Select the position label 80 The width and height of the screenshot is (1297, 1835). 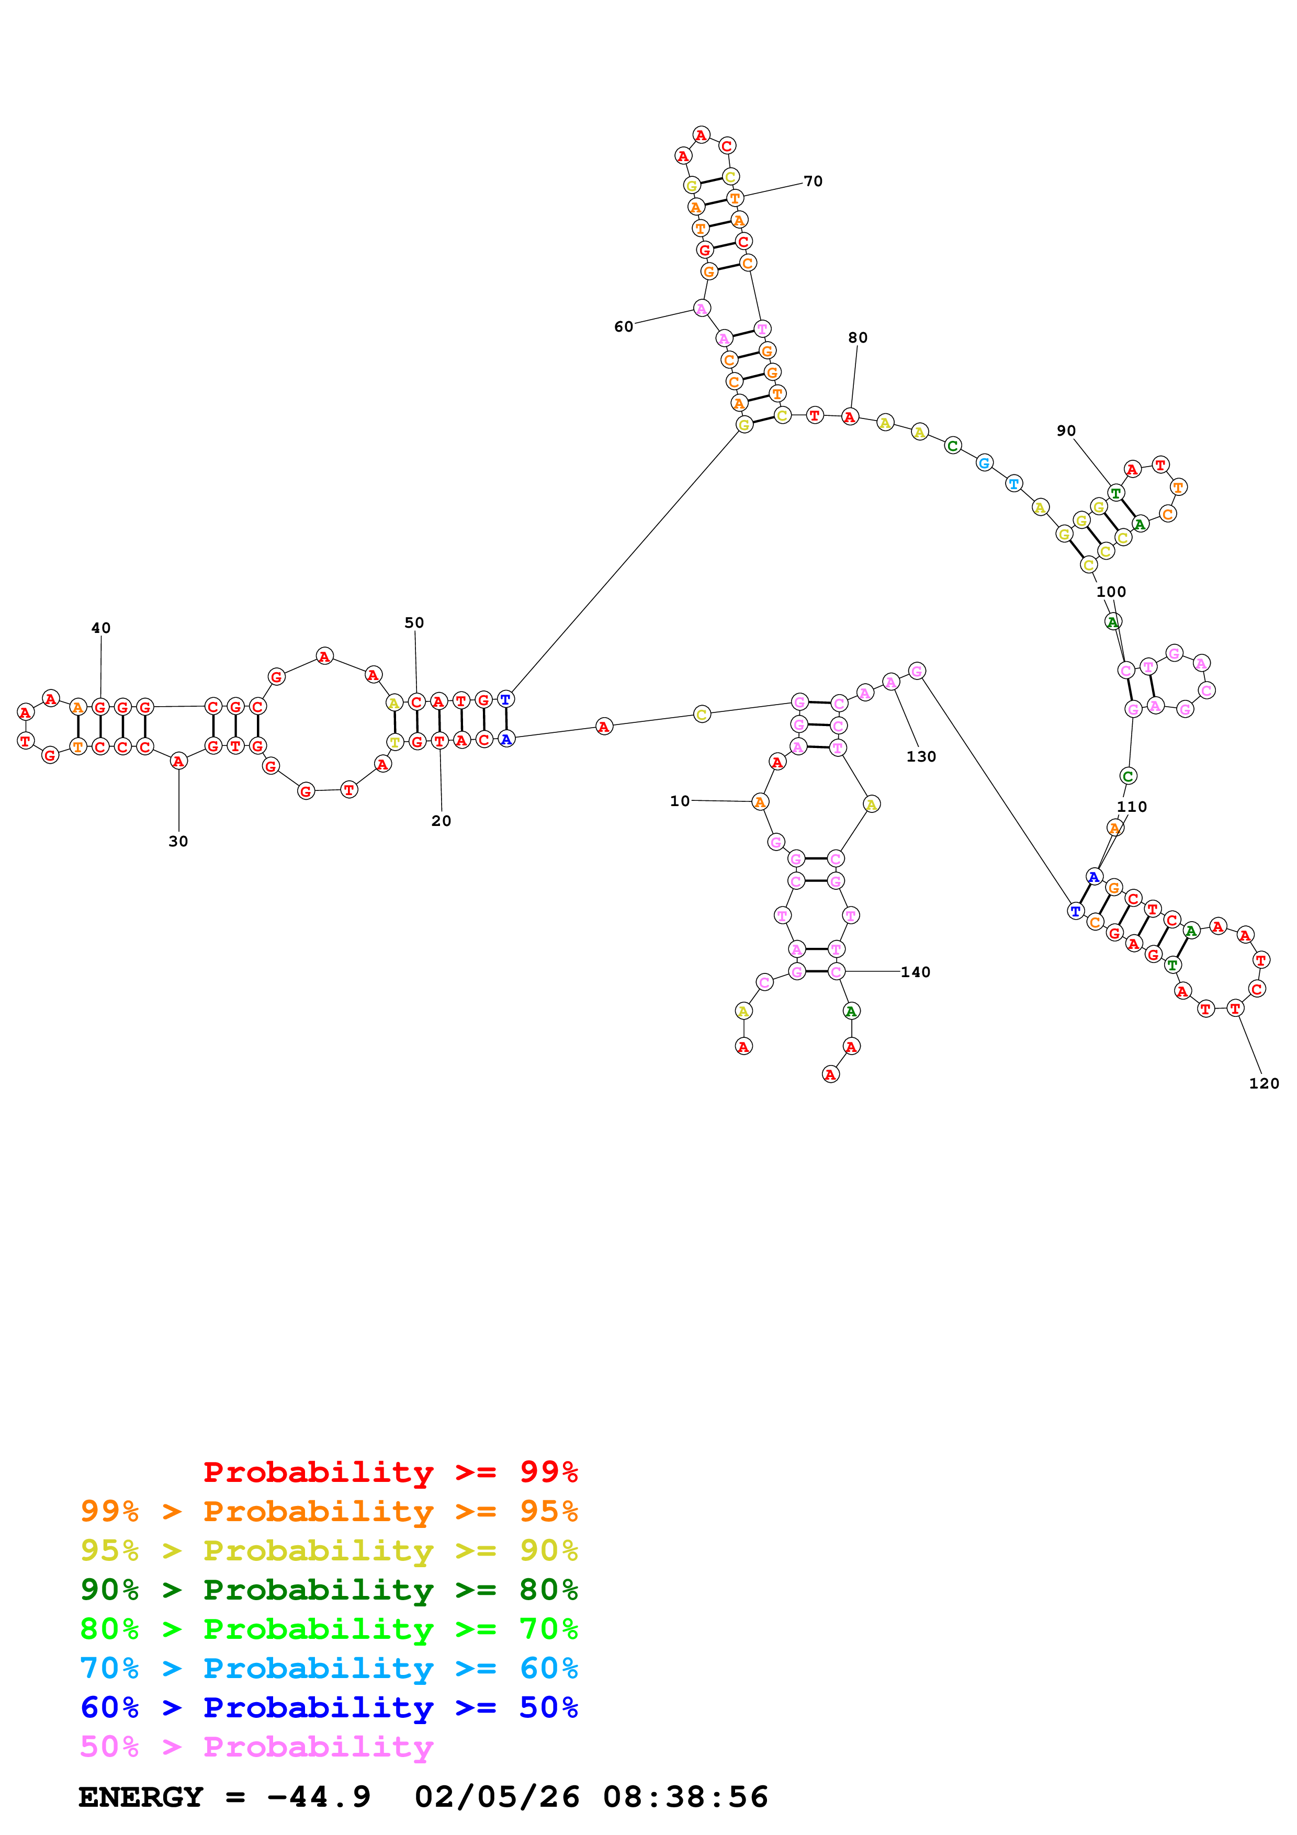[858, 338]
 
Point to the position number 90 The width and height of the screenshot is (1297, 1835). [1066, 431]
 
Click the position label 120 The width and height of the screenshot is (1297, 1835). [1264, 1084]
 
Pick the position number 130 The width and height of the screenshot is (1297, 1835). [921, 757]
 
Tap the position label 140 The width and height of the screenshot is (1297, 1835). [915, 972]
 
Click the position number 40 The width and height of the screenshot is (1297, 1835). [100, 628]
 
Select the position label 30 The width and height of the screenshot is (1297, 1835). [178, 842]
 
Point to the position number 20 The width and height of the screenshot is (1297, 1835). [441, 821]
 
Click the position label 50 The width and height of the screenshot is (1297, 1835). [414, 622]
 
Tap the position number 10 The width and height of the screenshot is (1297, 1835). [679, 801]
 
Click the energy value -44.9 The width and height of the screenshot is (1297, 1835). [319, 1797]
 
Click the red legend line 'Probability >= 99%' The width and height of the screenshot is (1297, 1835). [390, 1472]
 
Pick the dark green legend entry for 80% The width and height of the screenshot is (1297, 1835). [329, 1590]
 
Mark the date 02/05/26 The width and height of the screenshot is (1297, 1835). [497, 1797]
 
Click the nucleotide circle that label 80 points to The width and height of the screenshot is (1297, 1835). [850, 416]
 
